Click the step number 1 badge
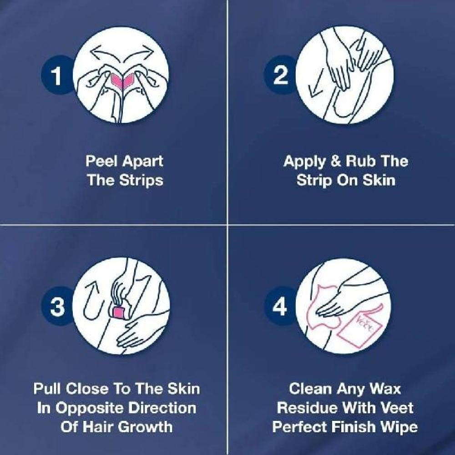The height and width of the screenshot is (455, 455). (56, 75)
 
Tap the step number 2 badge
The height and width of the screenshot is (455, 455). (279, 75)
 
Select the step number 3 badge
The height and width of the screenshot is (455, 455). (57, 306)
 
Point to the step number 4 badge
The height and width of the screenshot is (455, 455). (279, 306)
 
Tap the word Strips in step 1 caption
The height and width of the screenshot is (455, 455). (142, 181)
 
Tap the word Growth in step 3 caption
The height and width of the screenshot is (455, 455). (145, 427)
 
